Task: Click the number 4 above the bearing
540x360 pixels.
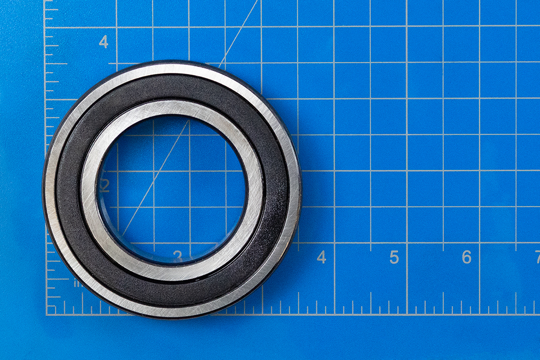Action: click(x=103, y=42)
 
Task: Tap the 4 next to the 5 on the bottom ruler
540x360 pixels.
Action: click(x=321, y=257)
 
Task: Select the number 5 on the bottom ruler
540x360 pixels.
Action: click(x=394, y=257)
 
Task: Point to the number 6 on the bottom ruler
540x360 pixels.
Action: click(x=467, y=257)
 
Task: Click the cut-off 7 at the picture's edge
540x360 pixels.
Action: click(x=537, y=257)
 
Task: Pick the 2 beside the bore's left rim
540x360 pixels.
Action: click(x=105, y=186)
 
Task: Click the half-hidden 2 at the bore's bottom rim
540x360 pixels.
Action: click(x=178, y=255)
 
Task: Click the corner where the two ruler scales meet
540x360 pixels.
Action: click(x=46, y=314)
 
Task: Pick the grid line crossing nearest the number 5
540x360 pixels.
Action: click(x=407, y=243)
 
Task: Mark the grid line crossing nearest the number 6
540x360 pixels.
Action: click(x=479, y=243)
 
